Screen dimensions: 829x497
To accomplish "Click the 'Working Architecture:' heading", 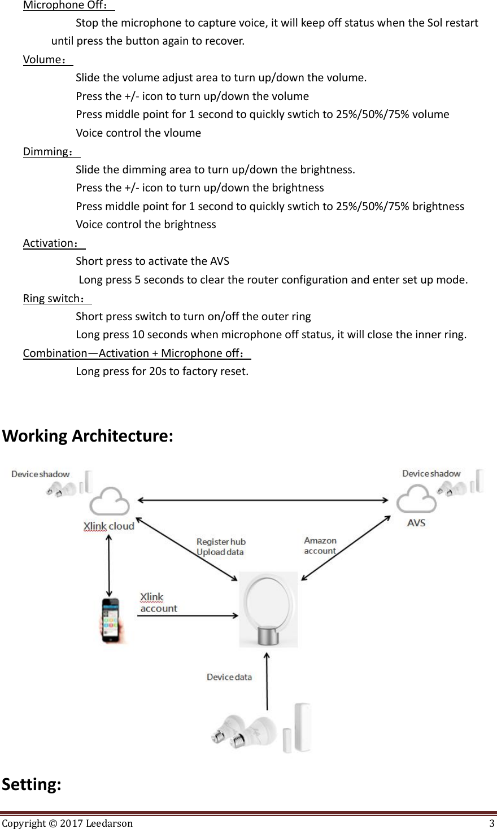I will (x=88, y=437).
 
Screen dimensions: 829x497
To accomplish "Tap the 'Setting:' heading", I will (x=32, y=784).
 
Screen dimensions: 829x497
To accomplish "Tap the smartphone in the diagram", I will (x=111, y=620).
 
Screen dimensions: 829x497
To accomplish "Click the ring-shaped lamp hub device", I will (x=268, y=610).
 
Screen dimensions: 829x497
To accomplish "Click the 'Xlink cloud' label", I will (x=109, y=526).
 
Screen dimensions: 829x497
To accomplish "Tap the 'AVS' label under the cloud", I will (x=416, y=523).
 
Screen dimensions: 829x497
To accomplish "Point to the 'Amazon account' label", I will (x=320, y=546).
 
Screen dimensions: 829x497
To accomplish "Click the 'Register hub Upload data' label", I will (x=221, y=547).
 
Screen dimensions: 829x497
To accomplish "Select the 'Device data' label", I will (x=229, y=677).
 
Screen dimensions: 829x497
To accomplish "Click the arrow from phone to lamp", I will (x=188, y=615).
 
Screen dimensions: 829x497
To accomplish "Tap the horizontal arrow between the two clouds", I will (x=263, y=500).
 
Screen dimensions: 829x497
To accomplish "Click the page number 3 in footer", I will (x=492, y=823).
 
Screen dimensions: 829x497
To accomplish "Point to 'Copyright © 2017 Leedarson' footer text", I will (x=67, y=823).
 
